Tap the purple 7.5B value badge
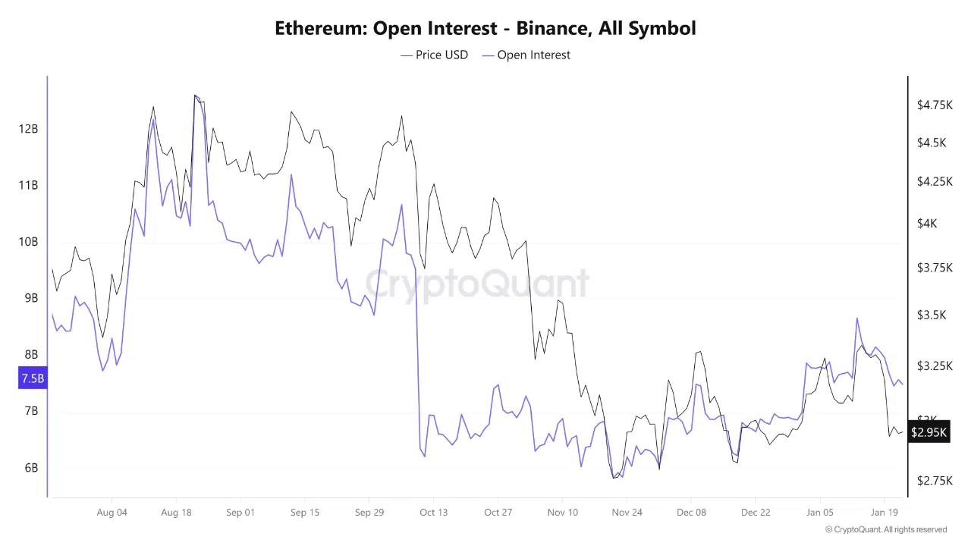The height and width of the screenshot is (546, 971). [33, 378]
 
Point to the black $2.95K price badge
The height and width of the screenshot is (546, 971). [929, 432]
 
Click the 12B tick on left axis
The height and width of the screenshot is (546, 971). [29, 129]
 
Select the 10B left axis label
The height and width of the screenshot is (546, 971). [29, 242]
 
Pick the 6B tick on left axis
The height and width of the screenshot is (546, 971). [31, 468]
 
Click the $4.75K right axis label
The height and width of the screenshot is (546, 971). [935, 105]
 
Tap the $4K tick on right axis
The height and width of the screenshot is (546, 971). [927, 223]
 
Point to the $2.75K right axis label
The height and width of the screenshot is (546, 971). [935, 481]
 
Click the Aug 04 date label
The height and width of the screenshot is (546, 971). [112, 512]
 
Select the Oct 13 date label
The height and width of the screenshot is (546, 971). [433, 512]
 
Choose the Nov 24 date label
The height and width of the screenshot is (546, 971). [627, 512]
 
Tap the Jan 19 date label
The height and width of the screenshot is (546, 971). [884, 512]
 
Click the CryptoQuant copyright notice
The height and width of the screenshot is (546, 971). [886, 529]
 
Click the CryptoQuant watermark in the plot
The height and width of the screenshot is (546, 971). [478, 284]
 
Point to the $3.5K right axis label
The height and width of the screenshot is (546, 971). [931, 315]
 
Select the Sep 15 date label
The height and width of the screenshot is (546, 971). [304, 512]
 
